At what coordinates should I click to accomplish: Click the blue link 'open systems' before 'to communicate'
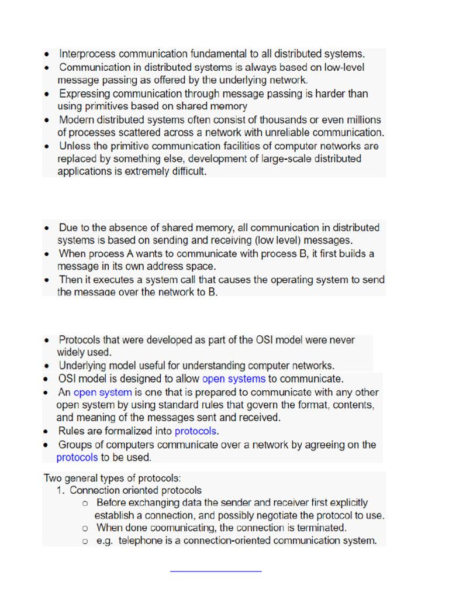pos(234,379)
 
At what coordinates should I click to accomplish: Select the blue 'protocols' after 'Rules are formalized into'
pos(195,432)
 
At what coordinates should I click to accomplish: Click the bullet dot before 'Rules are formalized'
pos(46,432)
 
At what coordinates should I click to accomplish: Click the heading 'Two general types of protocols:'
pos(112,478)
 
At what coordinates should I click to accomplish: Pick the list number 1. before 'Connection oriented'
pos(62,491)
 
